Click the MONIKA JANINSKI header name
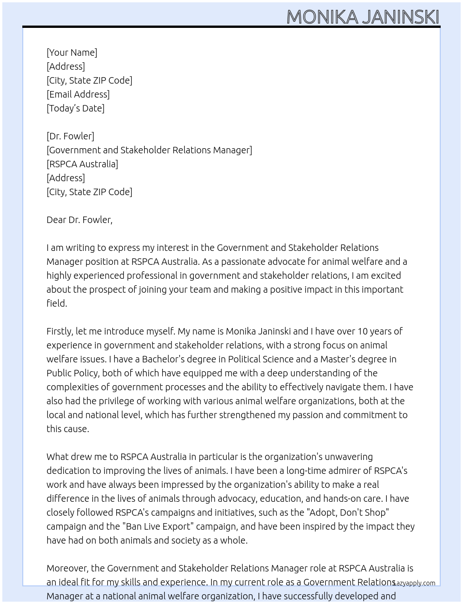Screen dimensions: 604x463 [363, 17]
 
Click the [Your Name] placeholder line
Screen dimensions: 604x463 [72, 53]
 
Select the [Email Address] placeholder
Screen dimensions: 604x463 [78, 94]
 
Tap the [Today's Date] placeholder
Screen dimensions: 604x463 [75, 108]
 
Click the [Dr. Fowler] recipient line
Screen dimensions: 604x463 [70, 136]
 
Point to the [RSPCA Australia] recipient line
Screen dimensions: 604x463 [82, 164]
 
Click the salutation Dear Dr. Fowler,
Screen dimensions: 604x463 [79, 220]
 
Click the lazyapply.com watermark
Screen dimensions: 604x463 [414, 583]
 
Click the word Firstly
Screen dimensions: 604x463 [60, 331]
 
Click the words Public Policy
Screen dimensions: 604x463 [73, 373]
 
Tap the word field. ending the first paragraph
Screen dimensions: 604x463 [57, 303]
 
